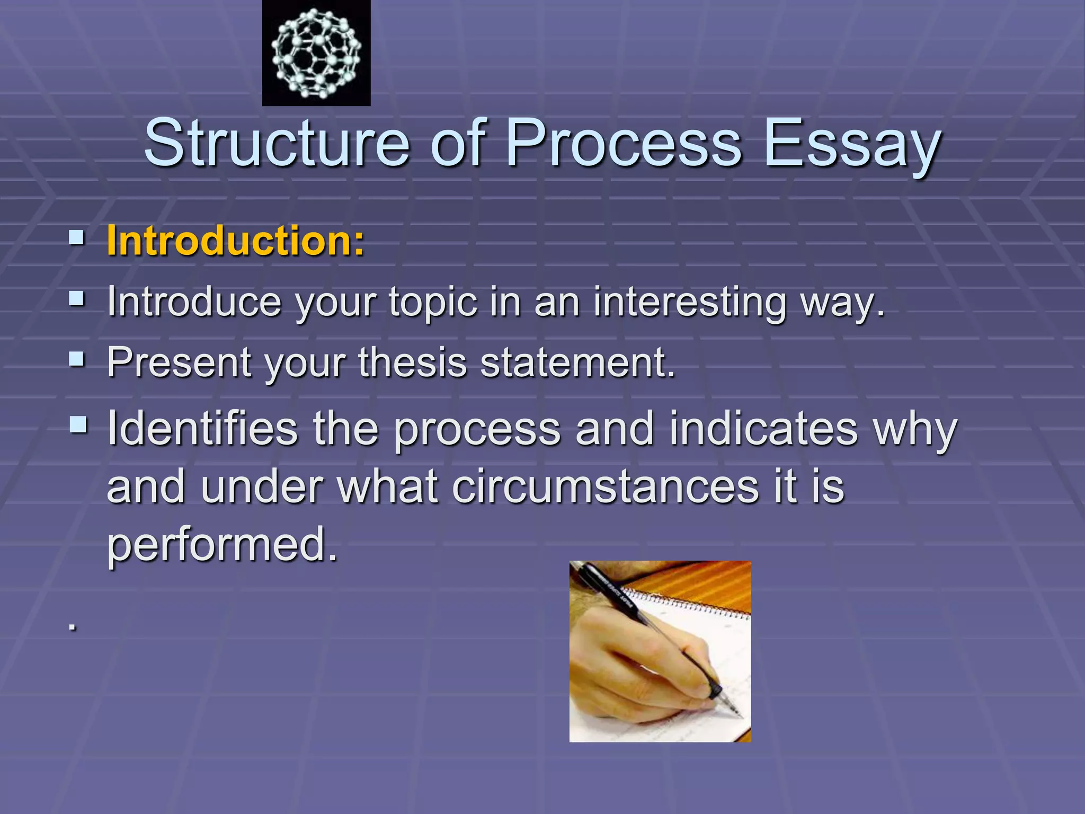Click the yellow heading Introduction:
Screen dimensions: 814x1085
click(x=235, y=241)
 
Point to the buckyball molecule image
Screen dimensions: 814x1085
click(x=316, y=54)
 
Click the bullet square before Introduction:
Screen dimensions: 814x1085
click(x=77, y=238)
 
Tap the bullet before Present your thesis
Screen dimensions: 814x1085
click(x=77, y=360)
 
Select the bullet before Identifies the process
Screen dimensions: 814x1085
click(x=78, y=424)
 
